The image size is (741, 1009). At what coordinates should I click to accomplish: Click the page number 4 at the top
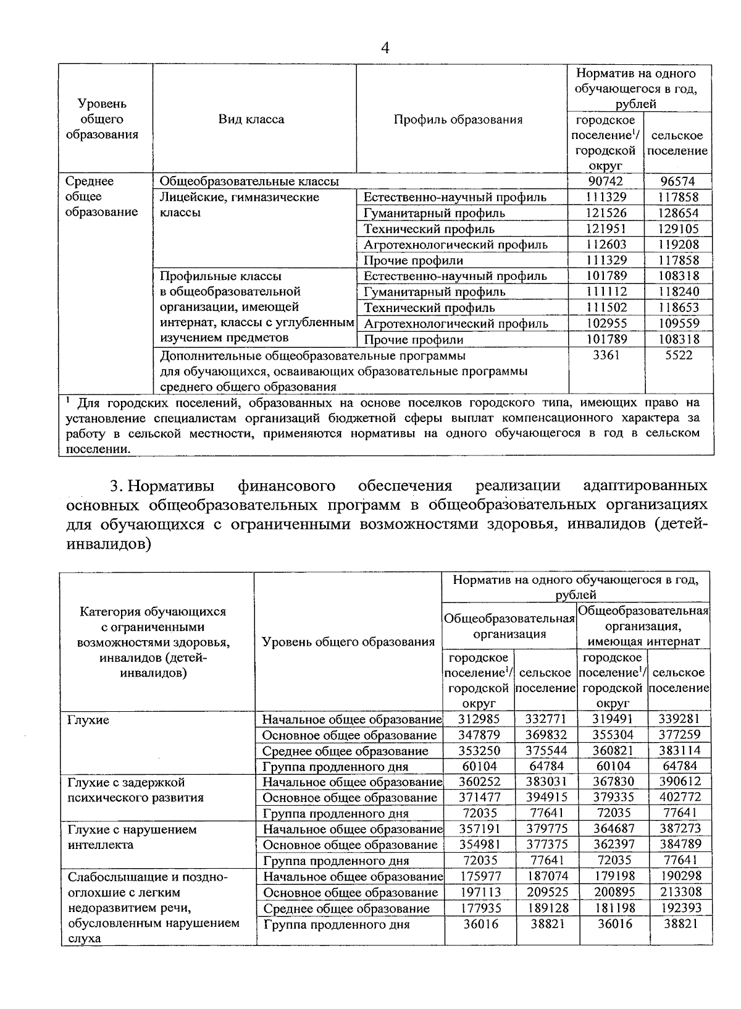coord(385,48)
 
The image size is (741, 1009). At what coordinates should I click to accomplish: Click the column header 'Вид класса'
coord(251,119)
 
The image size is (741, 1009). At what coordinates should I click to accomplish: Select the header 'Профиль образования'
coord(458,119)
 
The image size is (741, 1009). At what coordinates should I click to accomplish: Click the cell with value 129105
coord(678,229)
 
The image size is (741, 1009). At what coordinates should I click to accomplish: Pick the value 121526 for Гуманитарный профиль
coord(605,213)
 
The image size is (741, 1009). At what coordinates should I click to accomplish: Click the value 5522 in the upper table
coord(678,355)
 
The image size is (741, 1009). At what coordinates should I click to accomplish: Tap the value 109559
coord(678,323)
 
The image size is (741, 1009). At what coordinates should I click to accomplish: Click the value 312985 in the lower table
coord(479,719)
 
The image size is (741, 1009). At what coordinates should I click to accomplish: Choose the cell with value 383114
coord(678,751)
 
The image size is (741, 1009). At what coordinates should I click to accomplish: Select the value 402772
coord(678,798)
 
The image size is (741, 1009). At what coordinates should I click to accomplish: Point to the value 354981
coord(479,845)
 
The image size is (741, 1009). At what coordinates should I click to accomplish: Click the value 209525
coord(546,892)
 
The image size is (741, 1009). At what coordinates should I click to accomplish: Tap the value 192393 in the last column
coord(678,908)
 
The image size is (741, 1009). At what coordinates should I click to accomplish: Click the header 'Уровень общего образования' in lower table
coord(348,642)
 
